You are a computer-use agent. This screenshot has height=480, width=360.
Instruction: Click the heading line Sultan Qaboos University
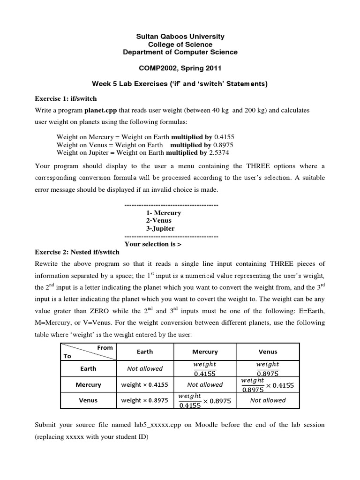tap(180, 36)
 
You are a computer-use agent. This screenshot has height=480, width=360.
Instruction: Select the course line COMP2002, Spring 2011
tap(180, 68)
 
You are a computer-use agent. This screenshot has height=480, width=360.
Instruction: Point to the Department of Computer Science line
tap(180, 52)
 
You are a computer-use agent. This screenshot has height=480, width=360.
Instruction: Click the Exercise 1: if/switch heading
tap(66, 98)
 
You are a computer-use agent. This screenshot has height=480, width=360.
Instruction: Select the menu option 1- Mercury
tap(164, 213)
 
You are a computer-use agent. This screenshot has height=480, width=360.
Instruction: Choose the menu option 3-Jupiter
tap(160, 228)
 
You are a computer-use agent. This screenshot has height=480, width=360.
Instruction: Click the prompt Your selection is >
tap(153, 244)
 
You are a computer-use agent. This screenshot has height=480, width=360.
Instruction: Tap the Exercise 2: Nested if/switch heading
tap(77, 252)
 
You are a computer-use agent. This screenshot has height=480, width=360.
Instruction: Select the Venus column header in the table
tap(268, 352)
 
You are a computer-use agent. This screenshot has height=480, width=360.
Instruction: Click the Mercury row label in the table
tap(88, 384)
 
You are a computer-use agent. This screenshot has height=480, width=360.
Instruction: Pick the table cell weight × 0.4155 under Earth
tap(145, 384)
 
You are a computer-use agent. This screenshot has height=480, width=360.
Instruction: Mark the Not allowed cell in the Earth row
tap(145, 368)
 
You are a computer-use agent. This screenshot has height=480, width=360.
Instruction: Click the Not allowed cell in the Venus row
tap(268, 400)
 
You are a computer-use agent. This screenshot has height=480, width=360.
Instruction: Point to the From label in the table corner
tap(105, 347)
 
